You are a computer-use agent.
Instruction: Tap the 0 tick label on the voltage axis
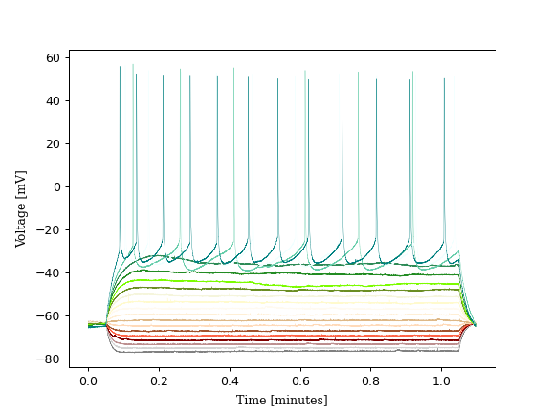[x=57, y=186]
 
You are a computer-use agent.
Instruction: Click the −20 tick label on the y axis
[x=50, y=229]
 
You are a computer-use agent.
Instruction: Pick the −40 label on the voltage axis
[x=50, y=272]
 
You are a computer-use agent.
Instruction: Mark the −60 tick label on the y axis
[x=50, y=315]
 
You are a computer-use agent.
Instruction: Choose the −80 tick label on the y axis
[x=50, y=359]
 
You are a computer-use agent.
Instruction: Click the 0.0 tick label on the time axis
[x=88, y=380]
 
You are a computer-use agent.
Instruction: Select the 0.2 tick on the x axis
[x=159, y=380]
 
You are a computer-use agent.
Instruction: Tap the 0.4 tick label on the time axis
[x=230, y=380]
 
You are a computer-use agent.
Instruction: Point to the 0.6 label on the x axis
[x=300, y=380]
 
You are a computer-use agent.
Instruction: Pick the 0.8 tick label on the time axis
[x=371, y=380]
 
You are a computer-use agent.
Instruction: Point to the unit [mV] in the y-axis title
[x=21, y=182]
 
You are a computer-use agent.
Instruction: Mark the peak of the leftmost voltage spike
[x=120, y=67]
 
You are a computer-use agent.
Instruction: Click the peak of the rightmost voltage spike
[x=444, y=79]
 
